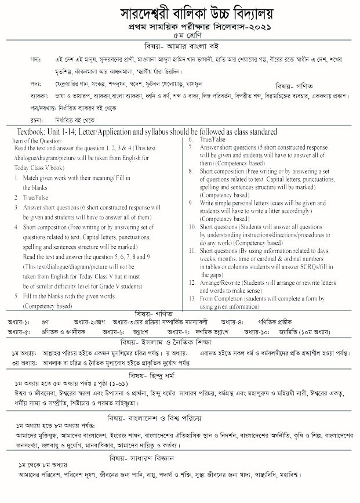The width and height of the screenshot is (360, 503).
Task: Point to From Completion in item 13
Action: click(x=227, y=298)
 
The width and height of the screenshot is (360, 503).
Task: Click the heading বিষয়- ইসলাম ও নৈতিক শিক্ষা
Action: click(x=179, y=342)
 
